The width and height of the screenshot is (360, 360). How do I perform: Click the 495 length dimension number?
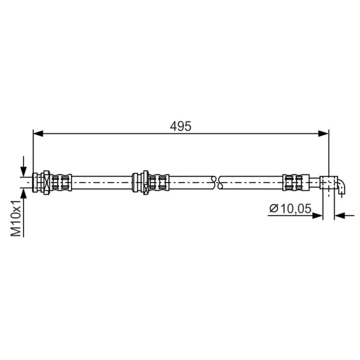[180, 126]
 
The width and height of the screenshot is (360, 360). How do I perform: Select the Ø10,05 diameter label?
[290, 208]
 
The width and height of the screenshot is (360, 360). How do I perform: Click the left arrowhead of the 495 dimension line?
[38, 133]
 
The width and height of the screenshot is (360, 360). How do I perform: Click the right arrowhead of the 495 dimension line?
[324, 133]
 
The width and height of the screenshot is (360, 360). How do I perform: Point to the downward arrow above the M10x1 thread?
[23, 166]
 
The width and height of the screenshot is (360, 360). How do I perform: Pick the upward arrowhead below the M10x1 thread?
[23, 193]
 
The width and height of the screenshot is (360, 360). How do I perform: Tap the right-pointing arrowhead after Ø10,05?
[318, 216]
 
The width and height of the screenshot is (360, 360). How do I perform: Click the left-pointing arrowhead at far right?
[340, 216]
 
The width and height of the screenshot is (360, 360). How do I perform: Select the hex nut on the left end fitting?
[47, 183]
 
